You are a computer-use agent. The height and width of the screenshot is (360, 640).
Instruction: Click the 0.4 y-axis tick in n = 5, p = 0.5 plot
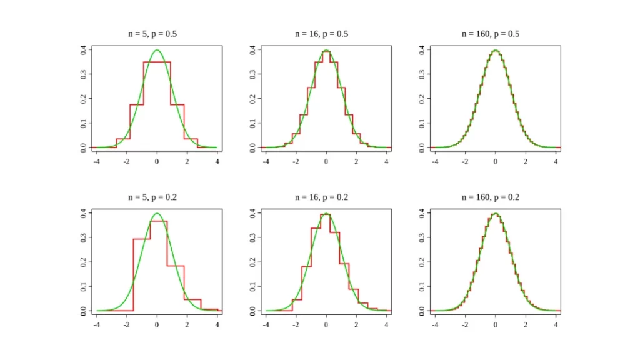(x=84, y=50)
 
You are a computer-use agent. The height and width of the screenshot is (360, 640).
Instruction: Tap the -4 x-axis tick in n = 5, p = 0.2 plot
(x=97, y=325)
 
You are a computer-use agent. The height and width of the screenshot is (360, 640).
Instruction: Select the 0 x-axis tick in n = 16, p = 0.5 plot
(x=326, y=162)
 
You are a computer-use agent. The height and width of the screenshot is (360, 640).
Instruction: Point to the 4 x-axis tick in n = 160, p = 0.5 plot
(x=556, y=162)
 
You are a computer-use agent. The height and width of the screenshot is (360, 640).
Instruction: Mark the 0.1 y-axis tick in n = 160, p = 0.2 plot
(x=422, y=286)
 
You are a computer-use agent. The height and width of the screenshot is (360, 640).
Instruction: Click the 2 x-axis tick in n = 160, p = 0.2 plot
(x=526, y=325)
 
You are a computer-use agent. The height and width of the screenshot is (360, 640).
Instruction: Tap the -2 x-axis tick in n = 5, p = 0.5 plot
(x=127, y=162)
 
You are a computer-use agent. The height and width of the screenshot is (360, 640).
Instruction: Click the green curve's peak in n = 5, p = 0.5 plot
(x=157, y=50)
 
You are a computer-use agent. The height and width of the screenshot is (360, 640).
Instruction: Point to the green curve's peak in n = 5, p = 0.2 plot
(x=157, y=213)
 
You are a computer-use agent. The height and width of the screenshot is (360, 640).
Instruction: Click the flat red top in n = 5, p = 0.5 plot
(x=157, y=62)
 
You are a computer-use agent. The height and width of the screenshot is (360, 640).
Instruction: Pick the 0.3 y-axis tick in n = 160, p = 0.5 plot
(x=422, y=74)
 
